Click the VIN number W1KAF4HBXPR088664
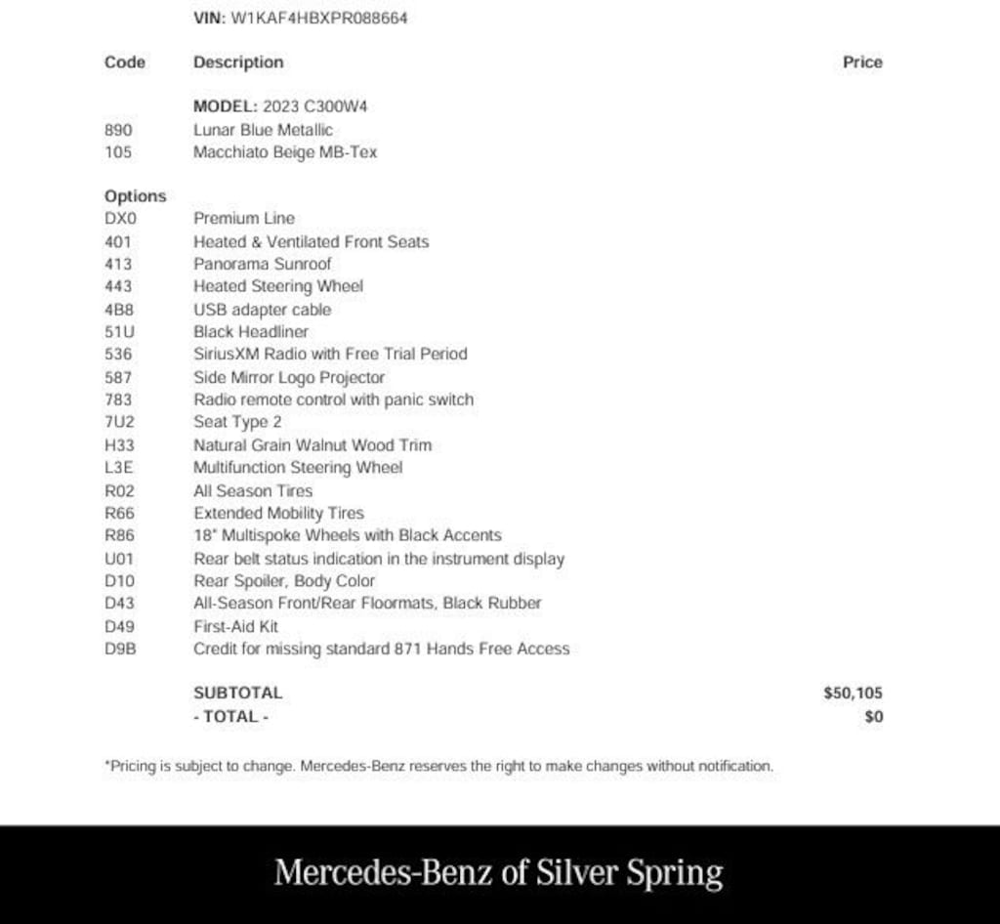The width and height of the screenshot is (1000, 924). pyautogui.click(x=318, y=18)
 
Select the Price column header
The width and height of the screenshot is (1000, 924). pyautogui.click(x=862, y=62)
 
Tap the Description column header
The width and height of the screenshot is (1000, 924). pyautogui.click(x=238, y=62)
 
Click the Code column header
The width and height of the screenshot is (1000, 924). pyautogui.click(x=124, y=62)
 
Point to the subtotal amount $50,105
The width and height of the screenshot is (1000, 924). pyautogui.click(x=853, y=693)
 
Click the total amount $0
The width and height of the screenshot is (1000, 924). pyautogui.click(x=873, y=716)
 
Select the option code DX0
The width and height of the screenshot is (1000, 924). pyautogui.click(x=120, y=218)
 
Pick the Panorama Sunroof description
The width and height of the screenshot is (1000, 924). pyautogui.click(x=262, y=264)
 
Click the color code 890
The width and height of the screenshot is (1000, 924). pyautogui.click(x=117, y=129)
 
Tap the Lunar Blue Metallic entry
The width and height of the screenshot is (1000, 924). pyautogui.click(x=263, y=129)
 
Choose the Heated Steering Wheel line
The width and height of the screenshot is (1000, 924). pyautogui.click(x=277, y=286)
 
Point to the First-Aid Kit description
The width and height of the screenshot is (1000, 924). pyautogui.click(x=235, y=626)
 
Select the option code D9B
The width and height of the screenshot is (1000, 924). pyautogui.click(x=119, y=649)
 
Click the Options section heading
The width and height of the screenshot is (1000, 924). pyautogui.click(x=135, y=195)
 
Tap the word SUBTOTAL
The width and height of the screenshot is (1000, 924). pyautogui.click(x=237, y=693)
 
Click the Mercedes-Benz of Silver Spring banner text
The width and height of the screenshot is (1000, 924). pyautogui.click(x=499, y=872)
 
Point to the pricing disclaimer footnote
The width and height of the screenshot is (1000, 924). pyautogui.click(x=438, y=767)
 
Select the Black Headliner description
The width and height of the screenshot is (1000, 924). pyautogui.click(x=250, y=331)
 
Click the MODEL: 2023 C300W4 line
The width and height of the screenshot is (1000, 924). pyautogui.click(x=280, y=105)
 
